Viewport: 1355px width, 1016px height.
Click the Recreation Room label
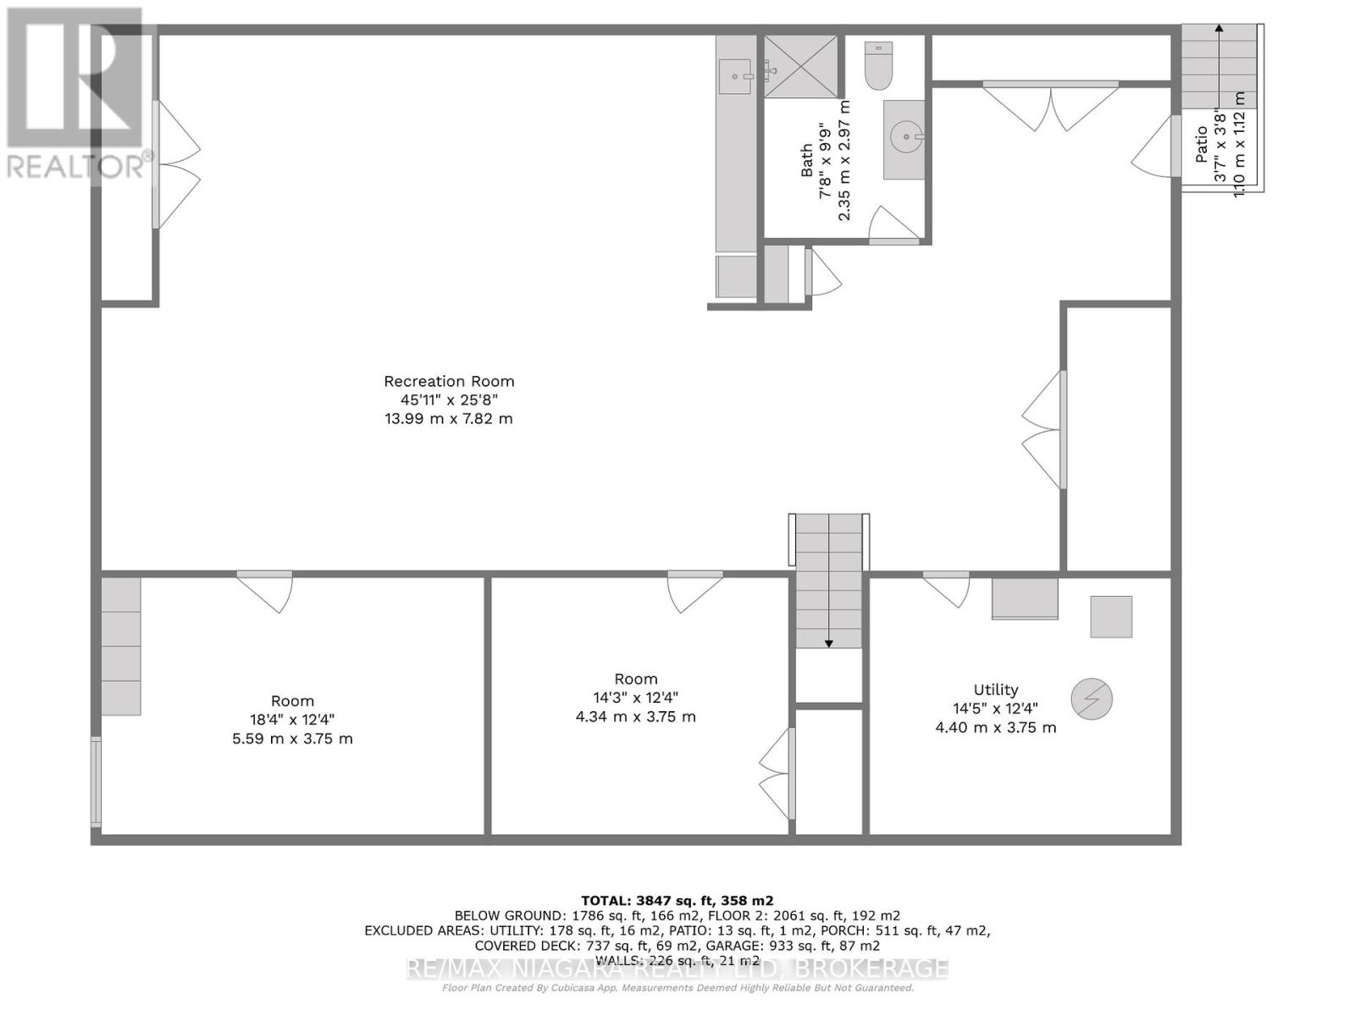449,381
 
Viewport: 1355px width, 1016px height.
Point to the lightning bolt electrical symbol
1092,699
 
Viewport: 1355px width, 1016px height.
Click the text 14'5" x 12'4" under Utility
995,709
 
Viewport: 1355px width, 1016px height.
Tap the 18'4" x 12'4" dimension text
292,720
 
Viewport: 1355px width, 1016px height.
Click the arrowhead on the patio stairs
1219,28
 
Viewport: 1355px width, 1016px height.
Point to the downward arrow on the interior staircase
829,643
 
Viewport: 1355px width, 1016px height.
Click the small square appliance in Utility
1111,616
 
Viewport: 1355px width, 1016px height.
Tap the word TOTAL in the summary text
604,901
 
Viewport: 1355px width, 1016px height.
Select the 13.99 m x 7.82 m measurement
449,418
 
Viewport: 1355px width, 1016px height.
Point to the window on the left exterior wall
97,781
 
